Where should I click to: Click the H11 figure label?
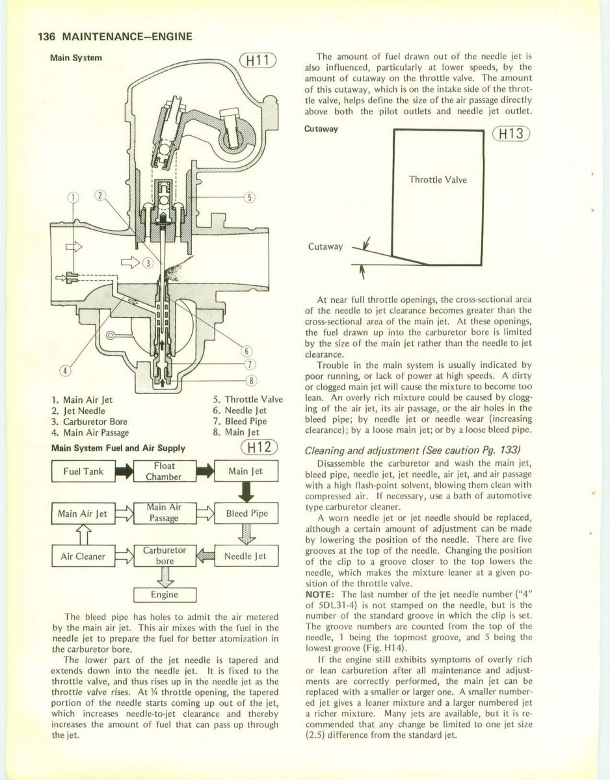coord(258,62)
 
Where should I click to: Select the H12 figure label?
coord(258,448)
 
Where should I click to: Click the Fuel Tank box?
coord(83,471)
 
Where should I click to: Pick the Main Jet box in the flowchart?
coord(250,471)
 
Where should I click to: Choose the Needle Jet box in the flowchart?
coord(250,556)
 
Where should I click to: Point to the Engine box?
coord(165,595)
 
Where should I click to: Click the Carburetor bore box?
coord(165,556)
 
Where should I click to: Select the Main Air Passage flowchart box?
coord(164,513)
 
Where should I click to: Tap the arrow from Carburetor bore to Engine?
coord(165,577)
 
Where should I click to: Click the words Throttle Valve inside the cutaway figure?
coord(437,180)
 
